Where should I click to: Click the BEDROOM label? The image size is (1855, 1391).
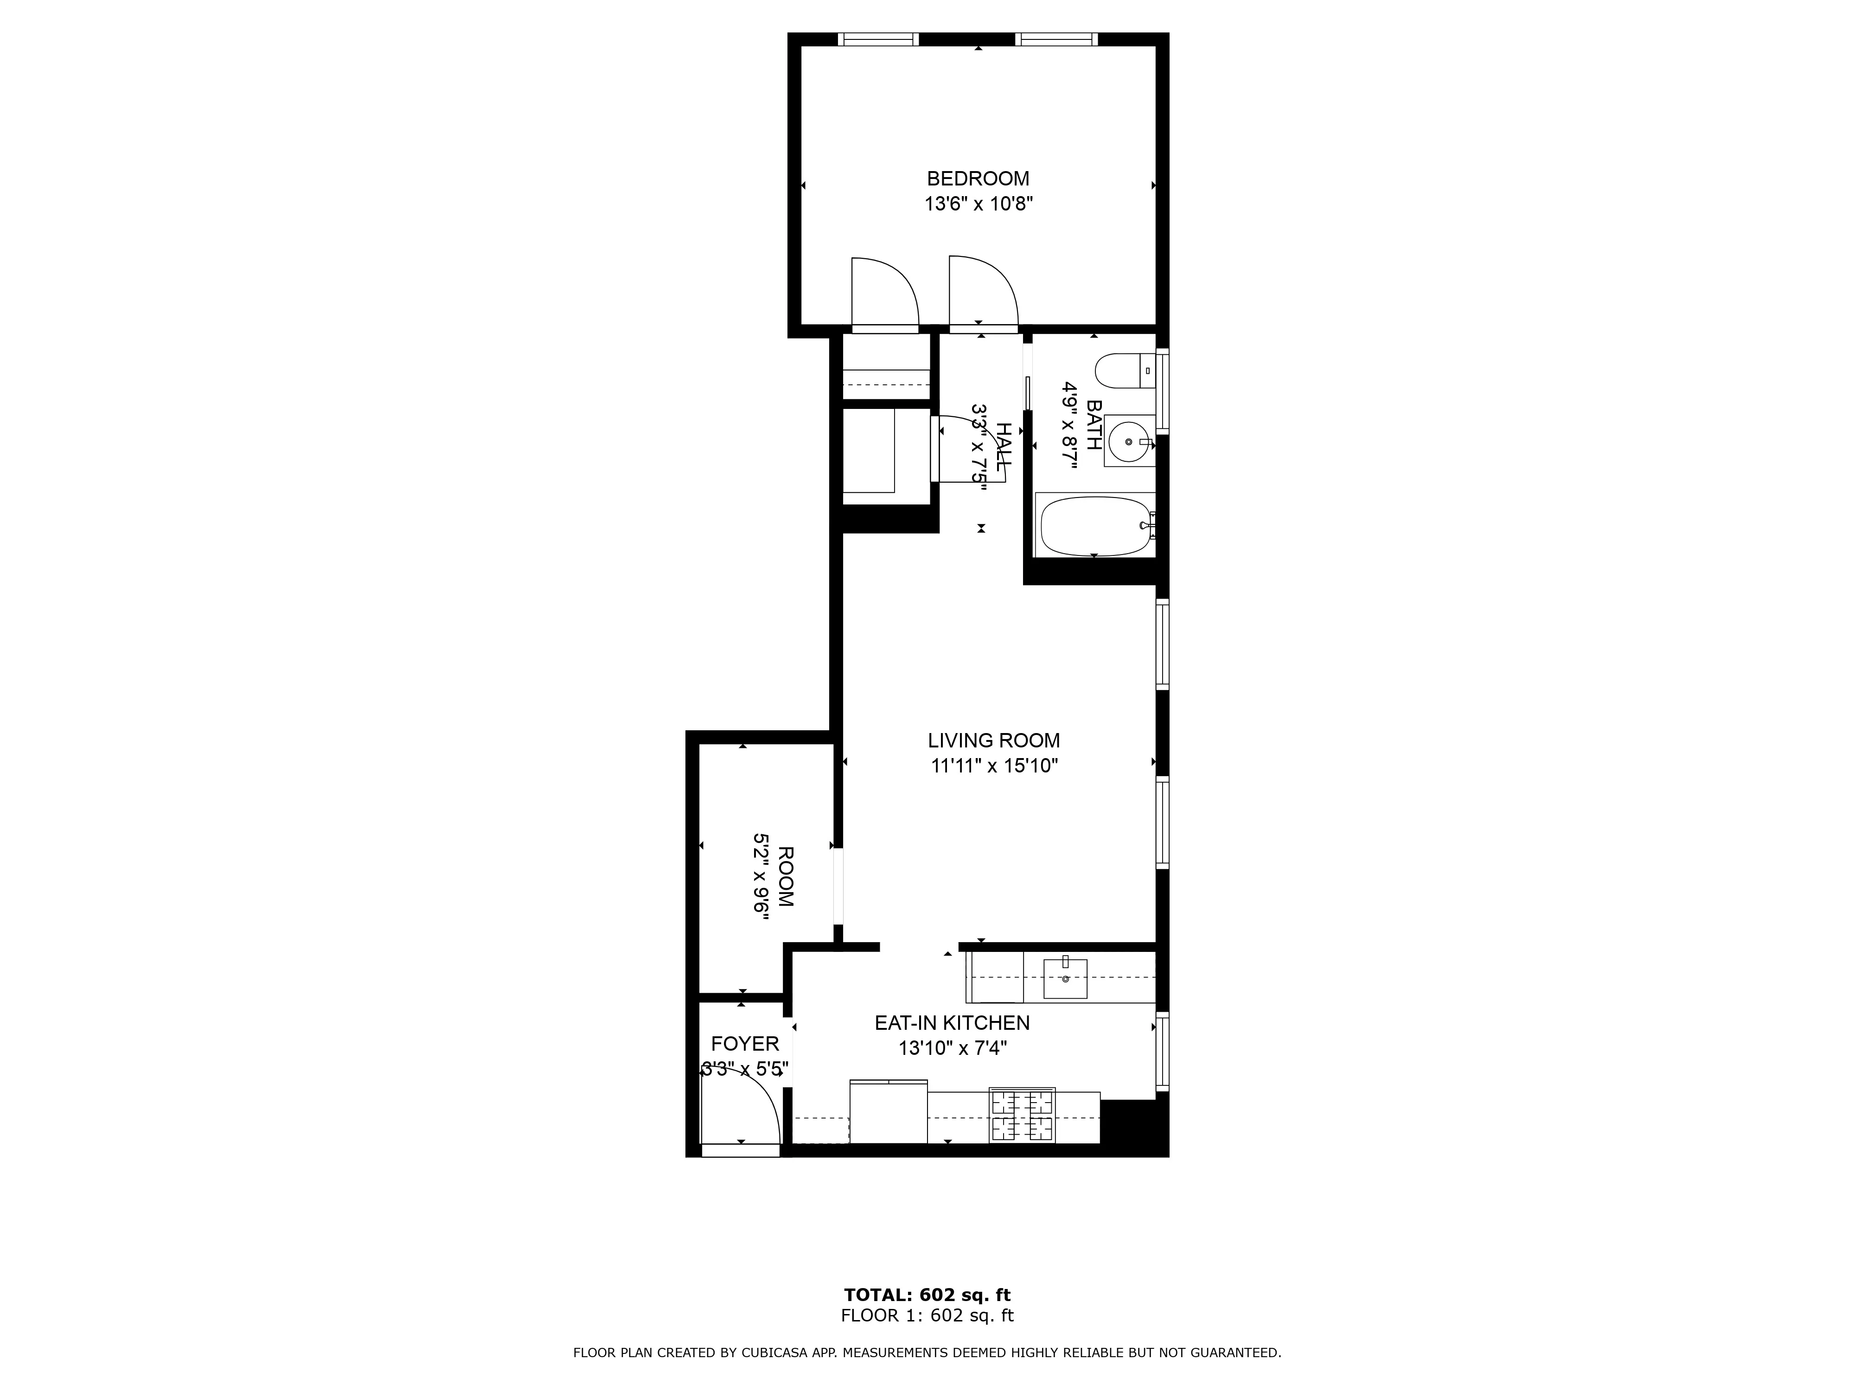click(x=978, y=179)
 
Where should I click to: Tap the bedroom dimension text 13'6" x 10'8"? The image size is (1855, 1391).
click(x=978, y=204)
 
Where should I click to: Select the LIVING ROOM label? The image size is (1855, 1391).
click(x=994, y=740)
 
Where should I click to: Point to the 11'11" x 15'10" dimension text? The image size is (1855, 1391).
click(x=994, y=766)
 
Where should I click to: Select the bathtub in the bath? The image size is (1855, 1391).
click(x=1094, y=526)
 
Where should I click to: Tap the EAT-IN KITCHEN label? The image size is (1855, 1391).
click(x=952, y=1023)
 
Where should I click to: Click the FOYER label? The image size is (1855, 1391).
click(x=745, y=1044)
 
